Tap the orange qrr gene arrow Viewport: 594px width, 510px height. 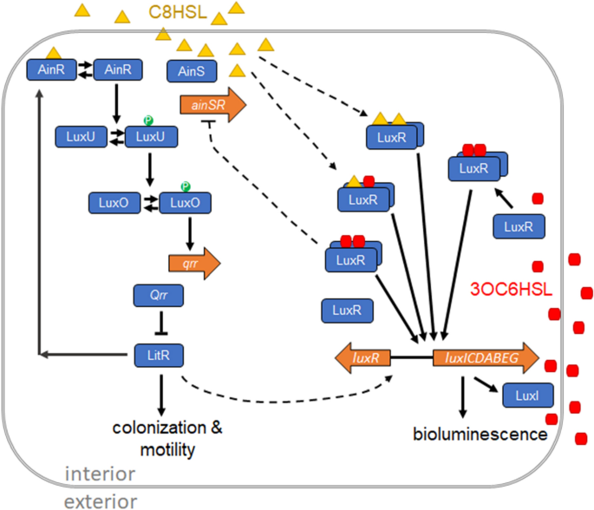point(189,260)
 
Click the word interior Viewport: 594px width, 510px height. point(101,474)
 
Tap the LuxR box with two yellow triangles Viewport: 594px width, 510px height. point(393,138)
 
